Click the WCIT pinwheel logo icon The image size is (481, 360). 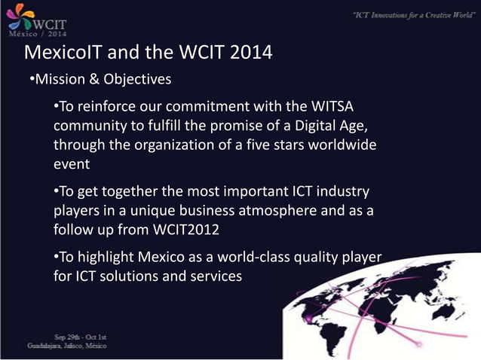[17, 15]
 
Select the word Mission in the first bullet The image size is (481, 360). [61, 79]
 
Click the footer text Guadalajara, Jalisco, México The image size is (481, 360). [67, 346]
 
